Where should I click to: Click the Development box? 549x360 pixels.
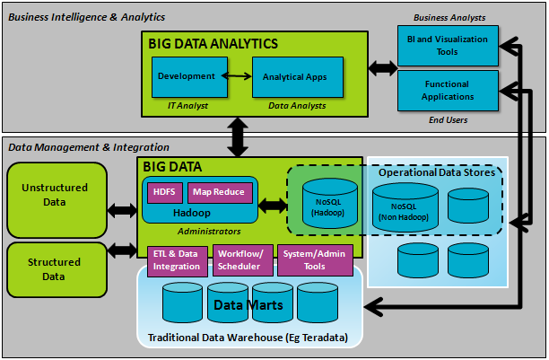pos(186,77)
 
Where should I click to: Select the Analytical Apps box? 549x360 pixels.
pos(294,77)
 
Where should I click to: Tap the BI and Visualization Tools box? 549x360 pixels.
pos(448,45)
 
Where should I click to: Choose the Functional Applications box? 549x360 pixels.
pos(448,90)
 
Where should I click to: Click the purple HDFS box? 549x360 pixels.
pos(163,192)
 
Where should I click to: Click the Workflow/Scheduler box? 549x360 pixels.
pos(240,260)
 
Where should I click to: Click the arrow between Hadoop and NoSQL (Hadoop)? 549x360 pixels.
pos(273,206)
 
